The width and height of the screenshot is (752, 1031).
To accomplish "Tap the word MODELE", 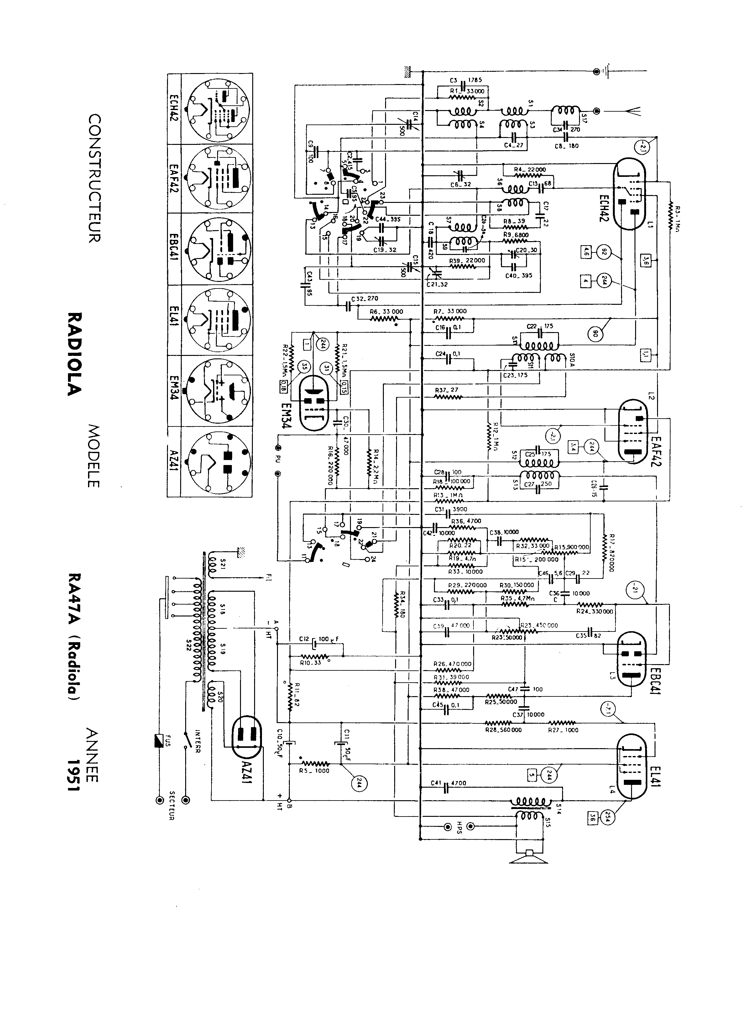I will click(93, 456).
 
